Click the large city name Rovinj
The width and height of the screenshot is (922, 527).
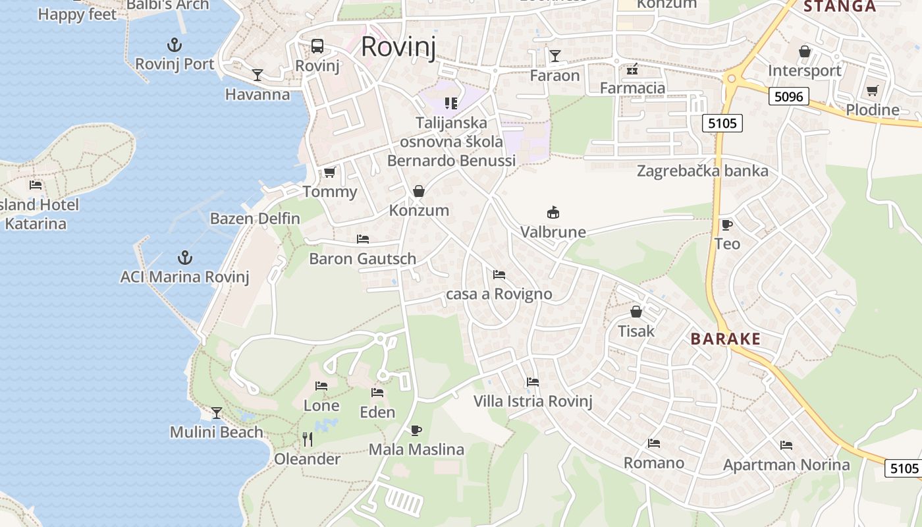click(398, 47)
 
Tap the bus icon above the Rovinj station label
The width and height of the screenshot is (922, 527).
click(317, 46)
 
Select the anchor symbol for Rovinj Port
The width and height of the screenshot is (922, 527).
click(175, 45)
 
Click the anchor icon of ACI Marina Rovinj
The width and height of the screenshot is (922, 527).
click(185, 257)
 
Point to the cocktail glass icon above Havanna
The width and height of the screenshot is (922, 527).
click(258, 75)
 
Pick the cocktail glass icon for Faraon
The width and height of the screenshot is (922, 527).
click(555, 56)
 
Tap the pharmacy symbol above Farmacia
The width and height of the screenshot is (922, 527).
click(632, 69)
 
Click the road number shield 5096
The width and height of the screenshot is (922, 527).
click(788, 97)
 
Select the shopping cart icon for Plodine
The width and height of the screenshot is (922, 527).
click(873, 90)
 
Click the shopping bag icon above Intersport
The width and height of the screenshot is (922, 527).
click(805, 51)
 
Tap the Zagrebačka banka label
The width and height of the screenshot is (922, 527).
click(702, 171)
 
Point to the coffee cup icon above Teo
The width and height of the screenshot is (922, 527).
click(727, 225)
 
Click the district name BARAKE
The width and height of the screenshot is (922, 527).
click(725, 339)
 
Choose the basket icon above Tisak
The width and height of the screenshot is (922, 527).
click(636, 312)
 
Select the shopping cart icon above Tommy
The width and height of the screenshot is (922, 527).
click(329, 173)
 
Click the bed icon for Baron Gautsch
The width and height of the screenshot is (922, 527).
click(363, 239)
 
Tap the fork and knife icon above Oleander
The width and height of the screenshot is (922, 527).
click(307, 439)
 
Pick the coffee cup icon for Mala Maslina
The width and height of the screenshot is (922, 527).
click(416, 430)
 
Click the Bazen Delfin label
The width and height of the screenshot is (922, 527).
click(255, 219)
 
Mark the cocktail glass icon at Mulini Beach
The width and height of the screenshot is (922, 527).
click(217, 413)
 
